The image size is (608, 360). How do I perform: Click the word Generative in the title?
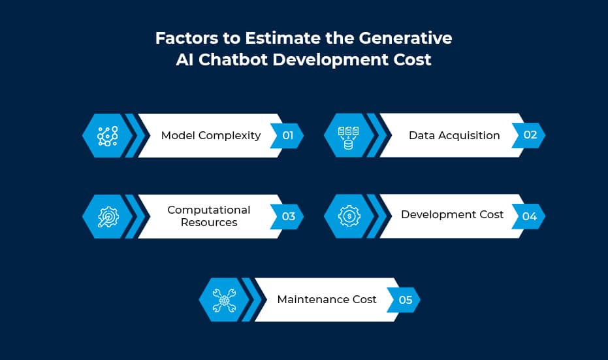click(405, 38)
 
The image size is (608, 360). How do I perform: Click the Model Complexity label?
click(211, 135)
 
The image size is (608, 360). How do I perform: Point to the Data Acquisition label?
click(454, 135)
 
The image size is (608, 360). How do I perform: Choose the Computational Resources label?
click(209, 216)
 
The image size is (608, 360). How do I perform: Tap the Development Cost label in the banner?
click(452, 214)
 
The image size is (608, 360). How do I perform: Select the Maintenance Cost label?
click(327, 299)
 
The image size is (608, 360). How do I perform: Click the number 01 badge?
click(287, 135)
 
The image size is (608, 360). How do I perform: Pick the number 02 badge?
click(529, 135)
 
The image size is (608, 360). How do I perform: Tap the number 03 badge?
click(287, 216)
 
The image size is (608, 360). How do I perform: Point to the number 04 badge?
click(529, 216)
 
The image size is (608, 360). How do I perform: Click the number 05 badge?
click(404, 300)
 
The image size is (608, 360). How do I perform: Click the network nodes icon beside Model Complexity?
click(107, 136)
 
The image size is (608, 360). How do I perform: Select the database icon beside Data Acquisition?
click(349, 137)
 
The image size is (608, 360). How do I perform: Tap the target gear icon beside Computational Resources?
click(108, 216)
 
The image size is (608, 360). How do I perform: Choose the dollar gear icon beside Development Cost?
click(349, 216)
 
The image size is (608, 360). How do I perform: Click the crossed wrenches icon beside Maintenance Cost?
click(224, 301)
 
